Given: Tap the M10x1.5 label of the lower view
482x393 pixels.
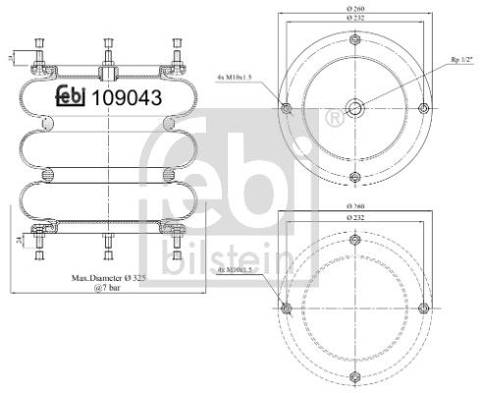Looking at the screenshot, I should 237,268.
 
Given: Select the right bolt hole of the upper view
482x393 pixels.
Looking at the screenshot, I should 421,108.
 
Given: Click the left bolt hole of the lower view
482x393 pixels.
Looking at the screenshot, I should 287,309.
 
